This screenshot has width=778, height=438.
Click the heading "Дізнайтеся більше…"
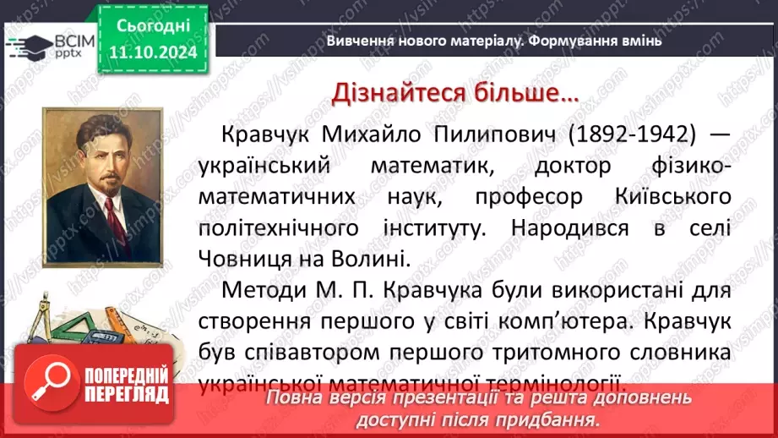point(455,93)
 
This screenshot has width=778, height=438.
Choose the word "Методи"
point(254,290)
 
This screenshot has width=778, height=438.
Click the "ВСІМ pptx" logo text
point(53,45)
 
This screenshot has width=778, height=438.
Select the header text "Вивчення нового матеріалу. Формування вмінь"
point(494,41)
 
